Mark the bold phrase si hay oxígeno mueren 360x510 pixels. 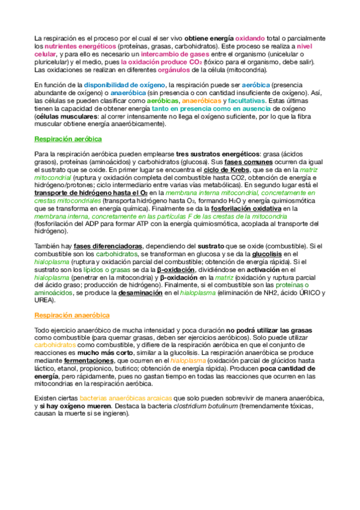pyautogui.click(x=75, y=390)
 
